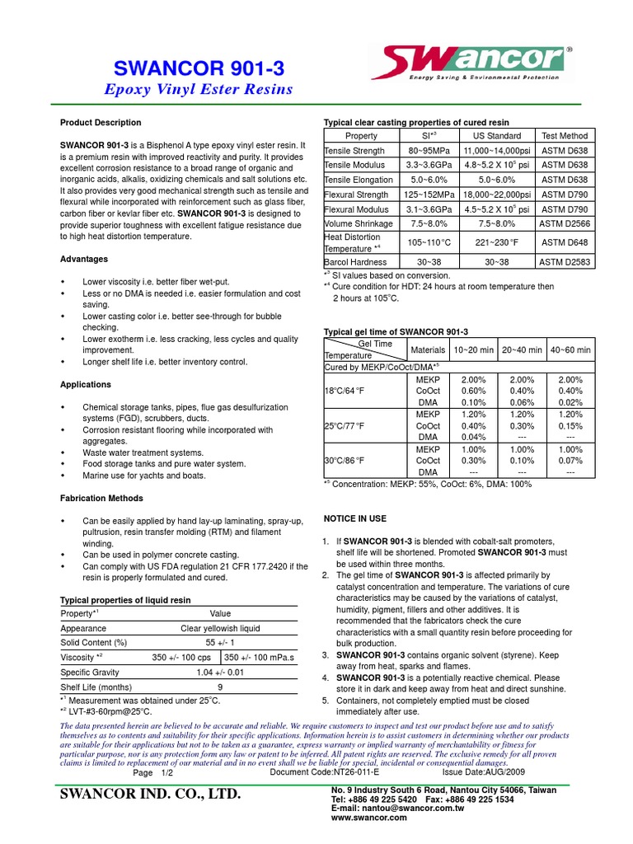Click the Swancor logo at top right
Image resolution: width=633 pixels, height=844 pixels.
(x=484, y=63)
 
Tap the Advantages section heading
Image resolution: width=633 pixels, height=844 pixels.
(x=85, y=259)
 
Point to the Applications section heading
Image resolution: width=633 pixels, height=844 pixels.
(x=86, y=385)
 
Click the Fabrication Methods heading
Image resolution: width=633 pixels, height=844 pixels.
(x=102, y=499)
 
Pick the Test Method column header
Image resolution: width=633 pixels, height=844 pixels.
(x=564, y=136)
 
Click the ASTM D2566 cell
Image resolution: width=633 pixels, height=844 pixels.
(x=564, y=223)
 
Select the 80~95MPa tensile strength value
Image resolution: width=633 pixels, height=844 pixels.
(x=422, y=151)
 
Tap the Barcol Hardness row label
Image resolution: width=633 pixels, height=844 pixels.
(x=355, y=261)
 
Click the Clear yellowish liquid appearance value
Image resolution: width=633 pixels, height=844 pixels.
(x=220, y=627)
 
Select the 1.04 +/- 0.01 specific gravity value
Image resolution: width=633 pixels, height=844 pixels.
(x=220, y=672)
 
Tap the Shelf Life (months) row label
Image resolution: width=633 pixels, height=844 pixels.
(x=96, y=687)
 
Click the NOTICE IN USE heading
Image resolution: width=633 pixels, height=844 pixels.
(x=354, y=519)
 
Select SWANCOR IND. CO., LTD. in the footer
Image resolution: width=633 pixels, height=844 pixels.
(x=151, y=795)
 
